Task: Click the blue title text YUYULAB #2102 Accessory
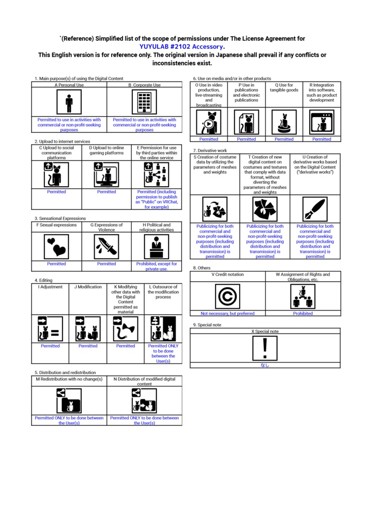(181, 47)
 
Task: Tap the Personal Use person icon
(69, 102)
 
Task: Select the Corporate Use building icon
(144, 102)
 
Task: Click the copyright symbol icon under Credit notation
(227, 297)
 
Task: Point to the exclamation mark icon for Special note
(265, 348)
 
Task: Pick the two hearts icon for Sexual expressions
(56, 246)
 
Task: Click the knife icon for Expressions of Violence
(106, 246)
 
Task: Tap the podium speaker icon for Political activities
(157, 246)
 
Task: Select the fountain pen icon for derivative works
(315, 209)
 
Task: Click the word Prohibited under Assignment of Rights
(303, 313)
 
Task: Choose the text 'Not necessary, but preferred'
(228, 313)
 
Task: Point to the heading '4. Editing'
(43, 280)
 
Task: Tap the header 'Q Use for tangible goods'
(284, 88)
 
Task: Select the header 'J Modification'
(88, 287)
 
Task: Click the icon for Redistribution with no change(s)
(69, 401)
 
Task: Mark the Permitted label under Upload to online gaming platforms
(107, 192)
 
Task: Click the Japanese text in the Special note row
(265, 365)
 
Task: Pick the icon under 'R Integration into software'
(322, 122)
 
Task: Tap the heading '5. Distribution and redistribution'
(65, 373)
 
